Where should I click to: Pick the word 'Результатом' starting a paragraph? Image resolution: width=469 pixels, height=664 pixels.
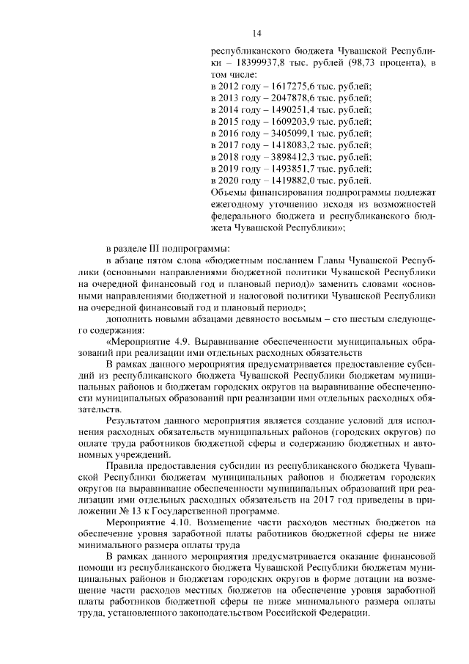(x=135, y=422)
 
